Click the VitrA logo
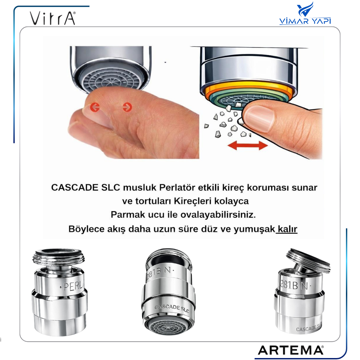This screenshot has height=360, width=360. [53, 18]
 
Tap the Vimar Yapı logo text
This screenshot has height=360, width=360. [305, 21]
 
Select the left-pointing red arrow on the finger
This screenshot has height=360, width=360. [95, 107]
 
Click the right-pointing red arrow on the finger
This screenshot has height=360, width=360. [127, 107]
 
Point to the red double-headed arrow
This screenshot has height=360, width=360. [247, 145]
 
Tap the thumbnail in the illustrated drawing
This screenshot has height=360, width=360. [258, 118]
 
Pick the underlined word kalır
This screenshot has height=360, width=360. [287, 229]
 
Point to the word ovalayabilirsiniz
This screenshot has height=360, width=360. [218, 215]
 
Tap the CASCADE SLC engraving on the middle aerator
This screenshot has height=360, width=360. [172, 308]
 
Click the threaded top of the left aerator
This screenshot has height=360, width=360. [59, 257]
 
